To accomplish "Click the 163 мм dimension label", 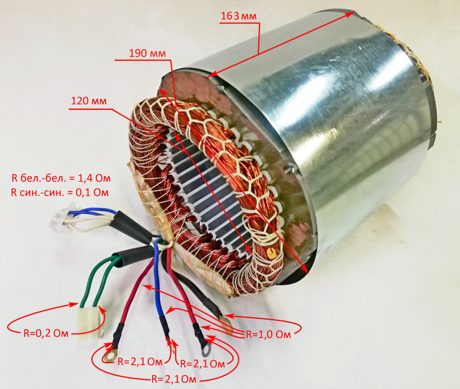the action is (x=239, y=16).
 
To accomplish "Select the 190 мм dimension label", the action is (x=148, y=53).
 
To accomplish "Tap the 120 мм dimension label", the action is (x=89, y=101).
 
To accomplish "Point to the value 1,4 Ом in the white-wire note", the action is (x=94, y=178).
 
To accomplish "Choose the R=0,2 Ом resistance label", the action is (x=46, y=334).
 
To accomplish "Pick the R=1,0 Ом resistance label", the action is (x=268, y=334).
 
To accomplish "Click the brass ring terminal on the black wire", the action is (x=225, y=322).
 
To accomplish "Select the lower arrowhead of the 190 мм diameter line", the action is (x=305, y=268).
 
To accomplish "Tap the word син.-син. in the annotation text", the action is (x=40, y=192).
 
